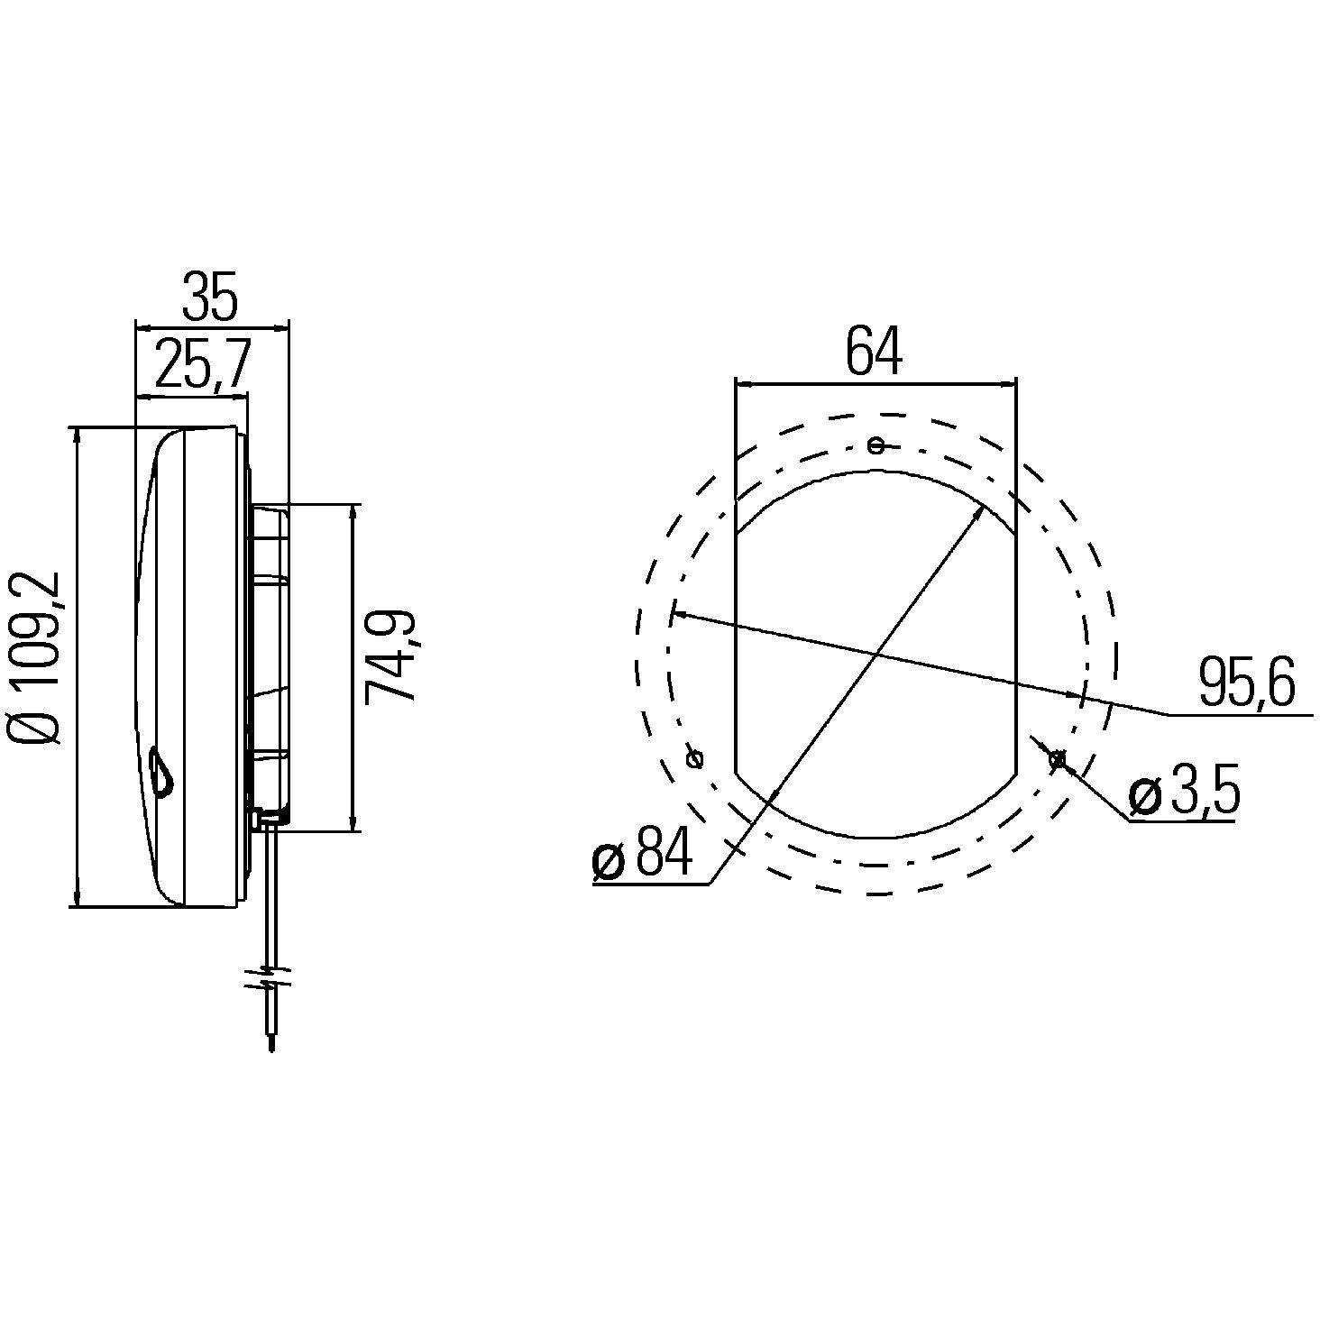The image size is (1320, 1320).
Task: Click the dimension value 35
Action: coord(210,297)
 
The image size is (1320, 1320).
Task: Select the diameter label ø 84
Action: coord(642,852)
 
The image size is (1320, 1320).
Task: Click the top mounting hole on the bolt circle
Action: coord(875,444)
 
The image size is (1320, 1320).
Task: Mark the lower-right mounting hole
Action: coord(1057,760)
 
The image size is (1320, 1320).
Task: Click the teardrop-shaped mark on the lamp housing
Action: coord(160,774)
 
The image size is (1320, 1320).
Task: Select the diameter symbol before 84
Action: coord(609,860)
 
